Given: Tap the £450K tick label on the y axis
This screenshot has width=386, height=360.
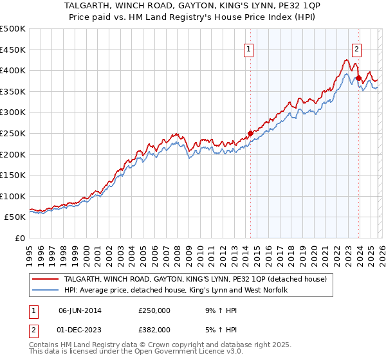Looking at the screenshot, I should (x=13, y=50).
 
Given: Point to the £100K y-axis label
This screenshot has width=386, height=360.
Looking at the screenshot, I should (x=13, y=196).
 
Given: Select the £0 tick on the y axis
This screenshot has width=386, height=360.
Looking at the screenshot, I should (x=21, y=238).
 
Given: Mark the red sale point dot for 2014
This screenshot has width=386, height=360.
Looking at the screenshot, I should (x=250, y=134).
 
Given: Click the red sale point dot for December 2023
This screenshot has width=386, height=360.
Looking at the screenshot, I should (x=358, y=78).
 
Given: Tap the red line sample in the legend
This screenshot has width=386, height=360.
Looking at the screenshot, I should (x=46, y=279).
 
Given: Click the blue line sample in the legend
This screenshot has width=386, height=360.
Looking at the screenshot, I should (x=46, y=290).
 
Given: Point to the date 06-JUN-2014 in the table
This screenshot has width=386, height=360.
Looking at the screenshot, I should (x=81, y=310).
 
